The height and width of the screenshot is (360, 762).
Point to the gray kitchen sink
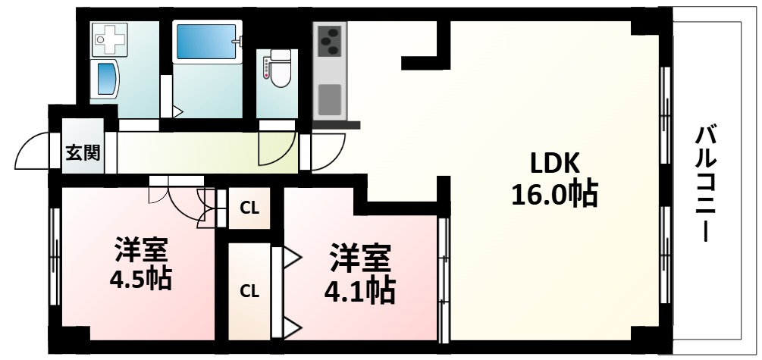(x=330, y=99)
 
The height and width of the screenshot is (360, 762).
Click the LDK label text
(x=555, y=163)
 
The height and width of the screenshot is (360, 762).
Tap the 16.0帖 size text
(x=554, y=196)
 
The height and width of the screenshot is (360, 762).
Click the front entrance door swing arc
(x=30, y=151)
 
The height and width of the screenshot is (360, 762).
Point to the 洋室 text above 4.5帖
(x=141, y=249)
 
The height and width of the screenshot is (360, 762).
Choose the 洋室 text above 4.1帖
(x=359, y=258)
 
